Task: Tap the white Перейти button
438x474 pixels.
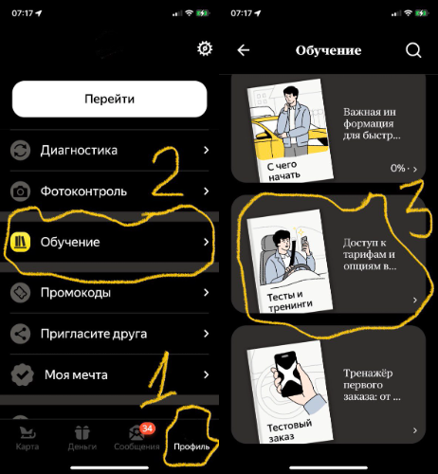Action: pos(109,99)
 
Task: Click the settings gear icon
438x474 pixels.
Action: pos(204,49)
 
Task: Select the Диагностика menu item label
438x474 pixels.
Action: pos(79,150)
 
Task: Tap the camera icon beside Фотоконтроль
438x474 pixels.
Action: pos(20,191)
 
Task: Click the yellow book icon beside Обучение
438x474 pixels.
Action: pos(20,243)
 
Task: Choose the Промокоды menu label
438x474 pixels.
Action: pos(76,293)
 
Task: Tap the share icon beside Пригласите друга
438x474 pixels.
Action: pos(20,334)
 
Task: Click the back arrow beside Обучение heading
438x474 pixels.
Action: pos(244,50)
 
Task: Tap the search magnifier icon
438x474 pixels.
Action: pos(412,50)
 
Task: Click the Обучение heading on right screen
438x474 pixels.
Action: pos(328,50)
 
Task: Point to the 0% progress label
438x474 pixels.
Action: pos(397,168)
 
